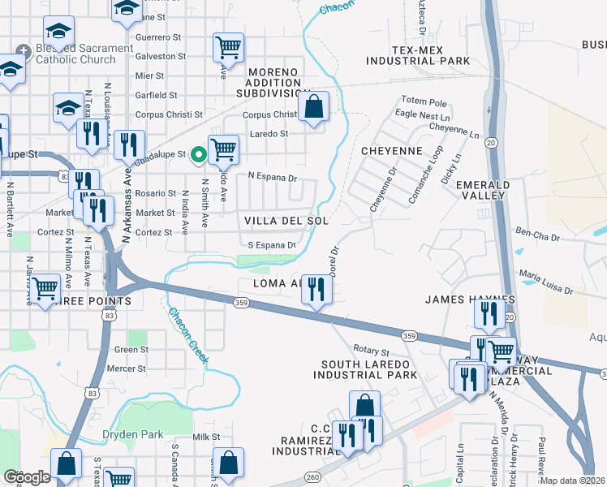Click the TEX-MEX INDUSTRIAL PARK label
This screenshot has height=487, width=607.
tap(418, 55)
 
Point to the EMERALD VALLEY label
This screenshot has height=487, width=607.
tap(483, 191)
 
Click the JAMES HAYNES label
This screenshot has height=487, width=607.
tap(459, 300)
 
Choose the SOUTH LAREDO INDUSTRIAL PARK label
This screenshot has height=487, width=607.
tap(368, 369)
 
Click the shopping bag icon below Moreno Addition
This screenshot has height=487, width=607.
tap(314, 106)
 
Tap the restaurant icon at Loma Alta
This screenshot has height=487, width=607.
tap(316, 289)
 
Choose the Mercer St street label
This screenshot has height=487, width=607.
tap(130, 368)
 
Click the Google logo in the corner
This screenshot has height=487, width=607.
tap(27, 477)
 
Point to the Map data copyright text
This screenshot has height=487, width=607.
tap(573, 481)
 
